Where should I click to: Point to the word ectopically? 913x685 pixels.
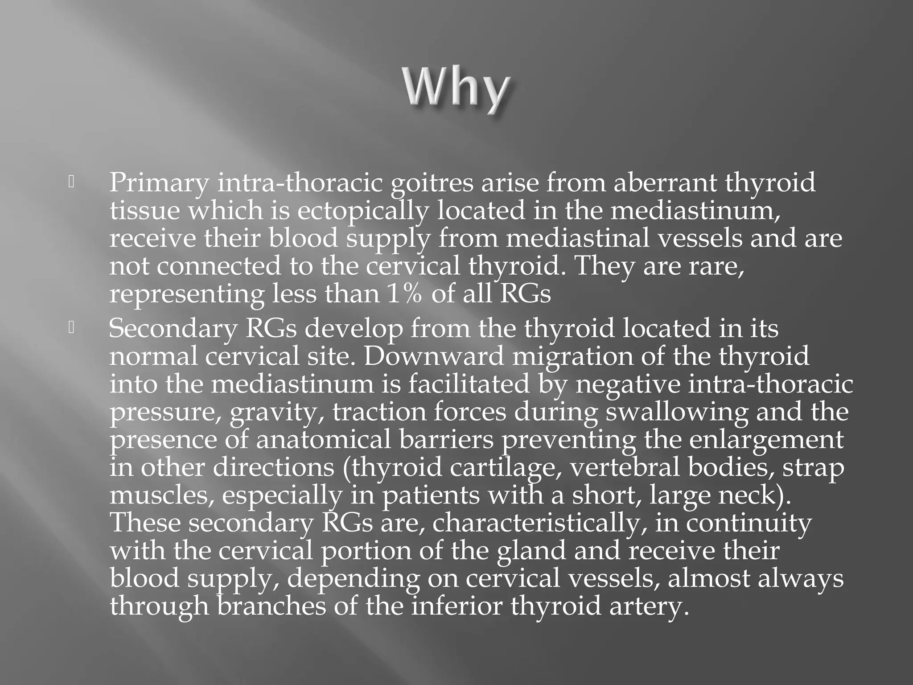point(362,211)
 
